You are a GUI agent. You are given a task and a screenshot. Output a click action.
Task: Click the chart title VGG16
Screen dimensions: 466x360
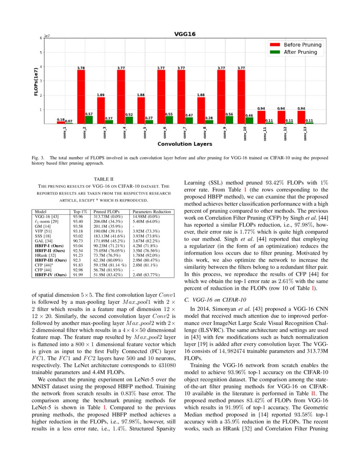185,34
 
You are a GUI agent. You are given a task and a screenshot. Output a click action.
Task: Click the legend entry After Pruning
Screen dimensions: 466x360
300,52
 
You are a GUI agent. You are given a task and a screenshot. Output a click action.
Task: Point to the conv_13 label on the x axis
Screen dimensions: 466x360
305,133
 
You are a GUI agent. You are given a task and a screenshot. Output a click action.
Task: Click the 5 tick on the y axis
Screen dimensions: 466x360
41,53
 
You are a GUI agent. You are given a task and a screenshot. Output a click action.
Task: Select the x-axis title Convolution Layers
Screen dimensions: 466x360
185,144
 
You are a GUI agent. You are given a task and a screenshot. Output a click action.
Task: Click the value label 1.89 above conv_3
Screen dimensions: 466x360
101,95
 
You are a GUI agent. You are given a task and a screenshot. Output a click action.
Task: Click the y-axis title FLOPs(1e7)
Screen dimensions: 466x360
36,81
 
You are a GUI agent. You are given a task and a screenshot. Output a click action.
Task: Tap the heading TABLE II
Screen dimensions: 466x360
103,179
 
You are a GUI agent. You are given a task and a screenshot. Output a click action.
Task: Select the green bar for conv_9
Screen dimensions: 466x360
230,120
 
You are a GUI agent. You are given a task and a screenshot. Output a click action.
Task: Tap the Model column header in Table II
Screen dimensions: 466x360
40,211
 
